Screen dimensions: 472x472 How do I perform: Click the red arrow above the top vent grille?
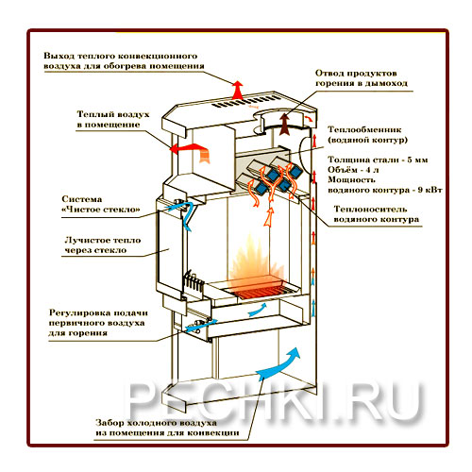tap(238, 90)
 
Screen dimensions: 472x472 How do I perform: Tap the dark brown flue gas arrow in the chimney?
tap(285, 125)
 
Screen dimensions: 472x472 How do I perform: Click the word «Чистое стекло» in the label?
tap(101, 210)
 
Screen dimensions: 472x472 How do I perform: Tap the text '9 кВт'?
tap(430, 190)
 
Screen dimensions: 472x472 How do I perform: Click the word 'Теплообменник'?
tap(364, 129)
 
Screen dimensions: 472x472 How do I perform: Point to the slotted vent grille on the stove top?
tap(245, 101)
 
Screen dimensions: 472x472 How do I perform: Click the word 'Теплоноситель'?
tap(370, 210)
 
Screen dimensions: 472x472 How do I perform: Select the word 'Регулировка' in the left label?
tap(79, 313)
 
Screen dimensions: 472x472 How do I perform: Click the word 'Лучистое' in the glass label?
tap(87, 241)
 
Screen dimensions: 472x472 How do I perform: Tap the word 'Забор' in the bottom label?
tap(109, 423)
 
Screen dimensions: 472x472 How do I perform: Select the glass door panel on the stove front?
tap(168, 250)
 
